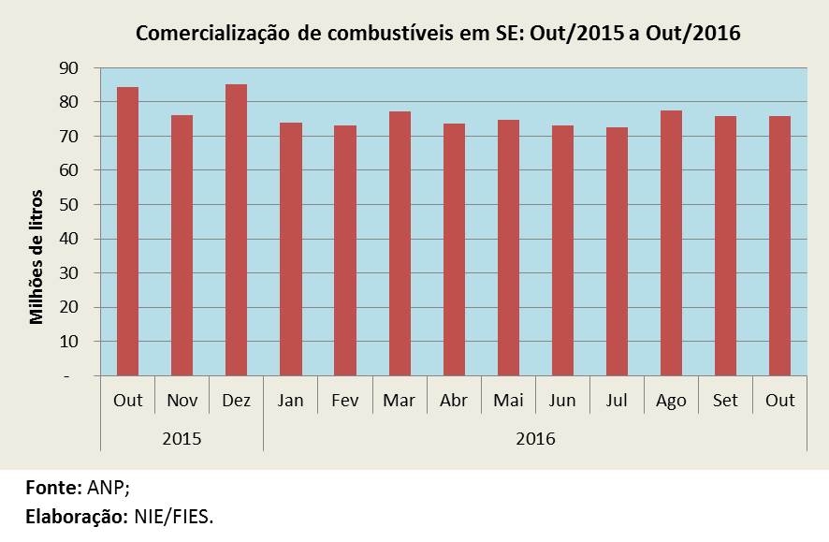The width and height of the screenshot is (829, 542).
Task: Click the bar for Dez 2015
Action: point(237,230)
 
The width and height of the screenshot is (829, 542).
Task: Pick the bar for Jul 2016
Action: point(617,252)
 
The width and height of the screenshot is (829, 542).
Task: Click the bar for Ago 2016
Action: point(671,243)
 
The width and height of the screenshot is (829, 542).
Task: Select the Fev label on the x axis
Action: point(345,401)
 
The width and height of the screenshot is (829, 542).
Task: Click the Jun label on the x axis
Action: point(562,401)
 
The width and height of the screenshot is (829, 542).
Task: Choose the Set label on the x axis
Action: point(725,401)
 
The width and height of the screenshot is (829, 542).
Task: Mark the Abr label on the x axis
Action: point(454,401)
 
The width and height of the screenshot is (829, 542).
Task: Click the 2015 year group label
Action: point(182,438)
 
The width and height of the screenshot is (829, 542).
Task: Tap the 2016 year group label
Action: point(535,438)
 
